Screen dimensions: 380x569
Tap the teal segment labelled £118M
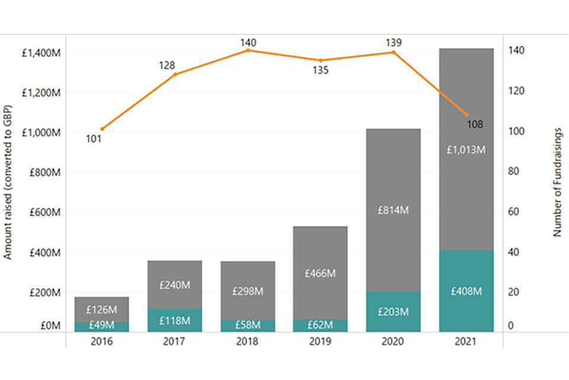point(174,320)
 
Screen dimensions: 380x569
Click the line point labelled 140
point(248,50)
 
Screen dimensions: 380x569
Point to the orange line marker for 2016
point(103,129)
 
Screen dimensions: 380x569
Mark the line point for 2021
point(466,115)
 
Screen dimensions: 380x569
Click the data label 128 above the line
point(167,65)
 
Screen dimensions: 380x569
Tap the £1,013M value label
point(466,150)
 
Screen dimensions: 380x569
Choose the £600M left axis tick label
point(41,212)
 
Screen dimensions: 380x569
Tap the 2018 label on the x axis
point(248,342)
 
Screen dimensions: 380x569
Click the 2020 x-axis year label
point(393,342)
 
